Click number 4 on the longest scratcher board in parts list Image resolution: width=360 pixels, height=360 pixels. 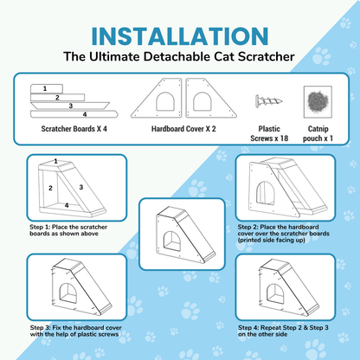[x=84, y=113]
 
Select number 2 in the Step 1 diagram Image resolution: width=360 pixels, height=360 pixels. [x=50, y=187]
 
